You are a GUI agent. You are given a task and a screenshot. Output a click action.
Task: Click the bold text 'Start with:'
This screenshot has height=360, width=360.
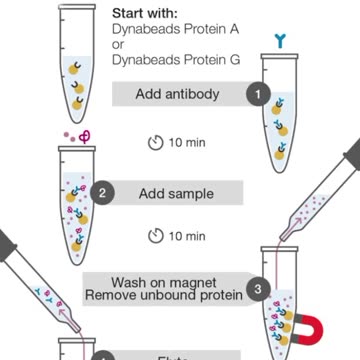pos(148,14)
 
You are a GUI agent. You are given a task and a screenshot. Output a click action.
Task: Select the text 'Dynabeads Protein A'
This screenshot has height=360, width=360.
pos(176,30)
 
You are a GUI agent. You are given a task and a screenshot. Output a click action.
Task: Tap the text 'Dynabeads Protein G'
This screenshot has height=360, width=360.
pos(176,60)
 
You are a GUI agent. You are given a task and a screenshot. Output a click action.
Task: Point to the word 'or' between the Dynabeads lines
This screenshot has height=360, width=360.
pos(118,45)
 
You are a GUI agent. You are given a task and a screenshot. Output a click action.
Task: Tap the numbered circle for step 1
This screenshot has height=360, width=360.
pos(257,94)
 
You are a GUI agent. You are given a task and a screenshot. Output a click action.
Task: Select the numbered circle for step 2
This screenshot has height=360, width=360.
pos(103,192)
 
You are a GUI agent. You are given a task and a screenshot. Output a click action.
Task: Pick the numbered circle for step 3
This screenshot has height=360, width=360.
pos(257,290)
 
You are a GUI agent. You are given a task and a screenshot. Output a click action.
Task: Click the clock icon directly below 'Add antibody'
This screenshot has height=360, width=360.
pos(155,142)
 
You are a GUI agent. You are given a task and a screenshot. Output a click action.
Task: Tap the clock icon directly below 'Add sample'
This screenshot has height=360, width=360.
pos(155,236)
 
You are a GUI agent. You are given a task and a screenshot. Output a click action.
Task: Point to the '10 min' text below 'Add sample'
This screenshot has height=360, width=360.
pos(187,236)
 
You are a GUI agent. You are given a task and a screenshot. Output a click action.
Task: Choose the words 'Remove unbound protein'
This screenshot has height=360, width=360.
pos(164,296)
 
